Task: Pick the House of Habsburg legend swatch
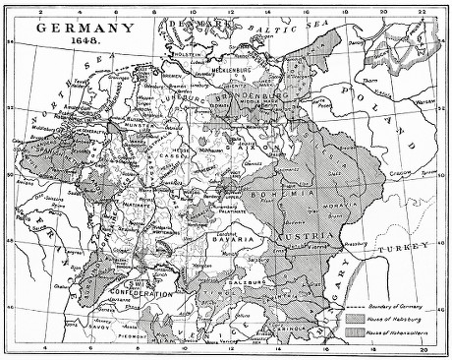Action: point(355,321)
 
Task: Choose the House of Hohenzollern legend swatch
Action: point(355,336)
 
